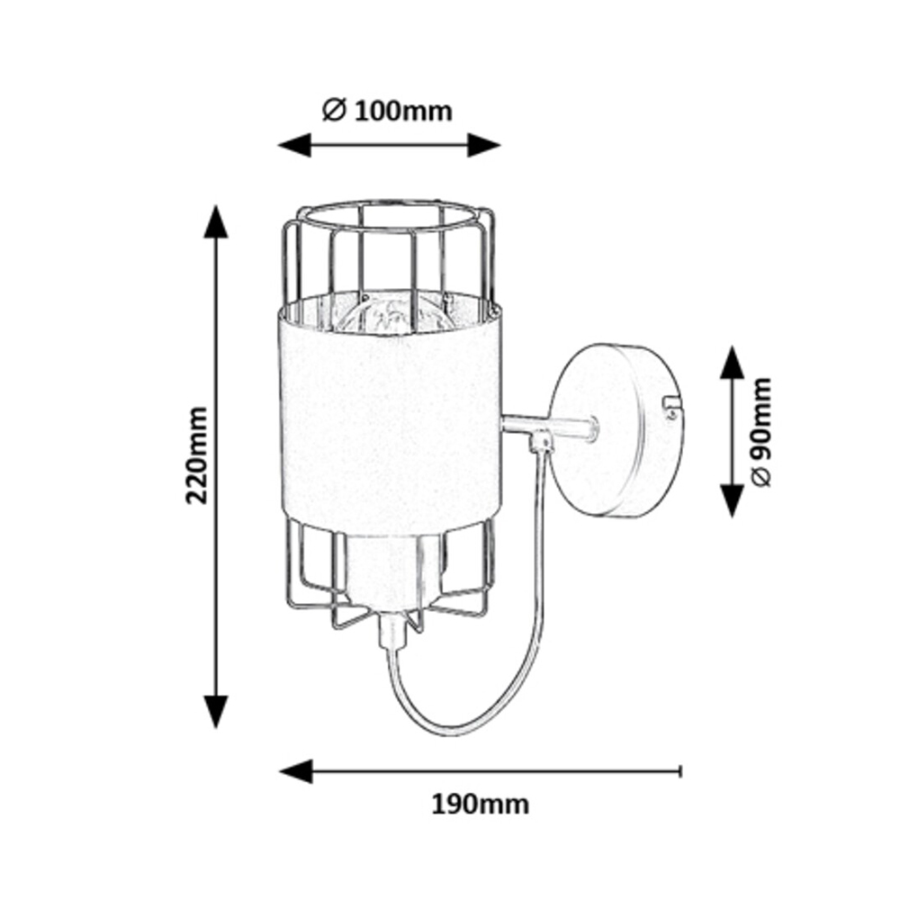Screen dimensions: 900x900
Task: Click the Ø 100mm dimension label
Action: click(386, 111)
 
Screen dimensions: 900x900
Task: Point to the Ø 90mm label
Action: click(760, 431)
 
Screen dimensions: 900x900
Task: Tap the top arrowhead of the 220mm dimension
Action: click(214, 221)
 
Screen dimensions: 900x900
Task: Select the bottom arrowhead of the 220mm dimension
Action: click(214, 710)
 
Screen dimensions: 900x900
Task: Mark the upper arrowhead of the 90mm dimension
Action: click(732, 363)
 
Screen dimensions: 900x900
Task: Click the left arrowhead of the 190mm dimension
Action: click(295, 770)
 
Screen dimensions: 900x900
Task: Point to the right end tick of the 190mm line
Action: click(680, 770)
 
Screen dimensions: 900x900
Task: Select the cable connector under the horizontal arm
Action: click(540, 442)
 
